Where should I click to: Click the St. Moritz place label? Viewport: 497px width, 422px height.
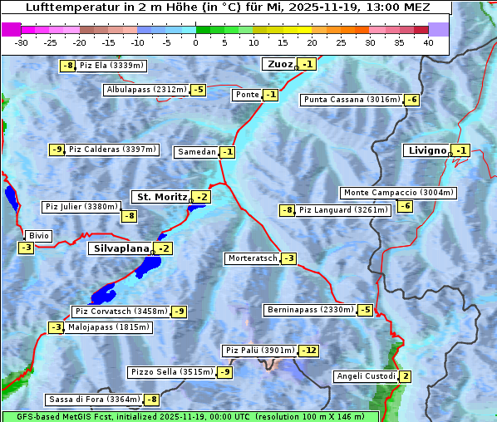click(161, 197)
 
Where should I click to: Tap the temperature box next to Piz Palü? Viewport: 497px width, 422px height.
click(308, 351)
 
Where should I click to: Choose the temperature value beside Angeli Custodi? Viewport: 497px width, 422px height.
click(405, 376)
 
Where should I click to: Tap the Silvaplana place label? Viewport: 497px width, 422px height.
click(121, 248)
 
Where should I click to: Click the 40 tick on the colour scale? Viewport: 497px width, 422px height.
click(428, 42)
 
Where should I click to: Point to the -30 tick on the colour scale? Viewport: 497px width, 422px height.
click(22, 42)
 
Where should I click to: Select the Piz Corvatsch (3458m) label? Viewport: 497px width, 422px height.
click(121, 312)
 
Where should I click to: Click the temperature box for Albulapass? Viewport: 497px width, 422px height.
click(198, 90)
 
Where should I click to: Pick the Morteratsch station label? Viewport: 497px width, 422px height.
click(252, 258)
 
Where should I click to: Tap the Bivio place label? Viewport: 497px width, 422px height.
click(39, 236)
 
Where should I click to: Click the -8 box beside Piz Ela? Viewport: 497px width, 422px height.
click(68, 66)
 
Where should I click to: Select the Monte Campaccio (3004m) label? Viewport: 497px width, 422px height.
click(398, 193)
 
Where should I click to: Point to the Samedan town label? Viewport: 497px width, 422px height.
click(196, 152)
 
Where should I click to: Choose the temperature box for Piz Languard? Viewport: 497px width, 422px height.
click(288, 210)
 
